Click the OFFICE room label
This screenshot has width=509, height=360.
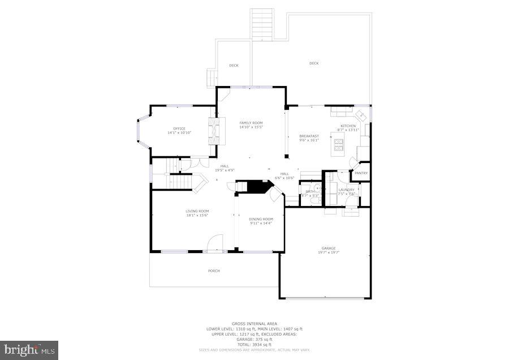(179, 128)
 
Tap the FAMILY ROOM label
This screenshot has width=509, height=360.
(251, 123)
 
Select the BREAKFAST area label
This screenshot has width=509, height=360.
(309, 136)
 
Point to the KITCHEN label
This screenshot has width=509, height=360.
(348, 126)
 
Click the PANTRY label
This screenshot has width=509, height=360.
(361, 173)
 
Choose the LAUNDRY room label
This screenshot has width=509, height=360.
(346, 190)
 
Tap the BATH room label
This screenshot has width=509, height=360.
(310, 191)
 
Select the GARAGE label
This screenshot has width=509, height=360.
(329, 248)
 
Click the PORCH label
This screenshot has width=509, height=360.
(214, 271)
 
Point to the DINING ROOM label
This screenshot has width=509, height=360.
(261, 219)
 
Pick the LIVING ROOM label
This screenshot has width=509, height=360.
(197, 211)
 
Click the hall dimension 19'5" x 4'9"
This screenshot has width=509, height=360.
(225, 170)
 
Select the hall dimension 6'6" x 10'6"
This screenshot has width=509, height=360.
(284, 178)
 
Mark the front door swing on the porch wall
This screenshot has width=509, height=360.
(215, 244)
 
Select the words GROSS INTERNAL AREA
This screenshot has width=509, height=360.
(255, 324)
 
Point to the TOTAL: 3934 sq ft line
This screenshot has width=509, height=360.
(255, 344)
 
